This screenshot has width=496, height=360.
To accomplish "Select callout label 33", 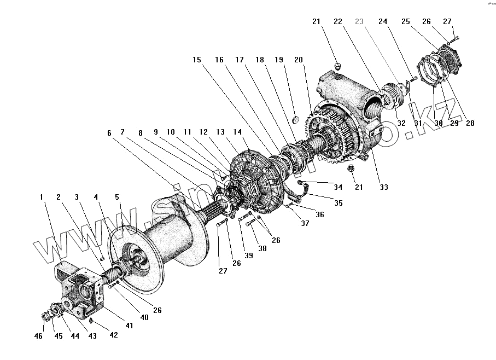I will [x=384, y=187].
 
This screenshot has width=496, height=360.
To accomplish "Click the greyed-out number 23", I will [x=359, y=21].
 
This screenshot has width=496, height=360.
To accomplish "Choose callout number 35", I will [x=339, y=203].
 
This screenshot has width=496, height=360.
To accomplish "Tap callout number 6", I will [x=109, y=133].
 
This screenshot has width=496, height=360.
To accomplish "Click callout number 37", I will [x=305, y=223].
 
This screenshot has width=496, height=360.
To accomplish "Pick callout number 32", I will [x=401, y=123].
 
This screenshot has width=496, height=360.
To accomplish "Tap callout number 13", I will [x=220, y=132].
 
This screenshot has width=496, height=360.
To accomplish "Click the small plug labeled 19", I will [x=294, y=119].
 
